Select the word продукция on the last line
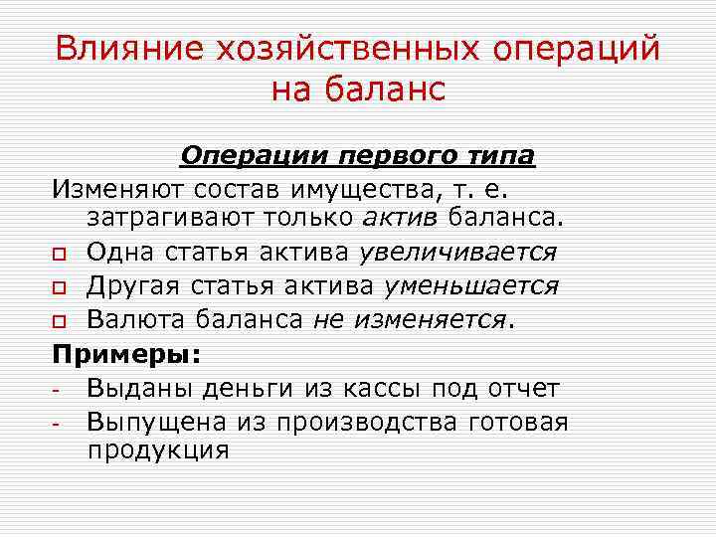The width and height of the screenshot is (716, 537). (x=157, y=449)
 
